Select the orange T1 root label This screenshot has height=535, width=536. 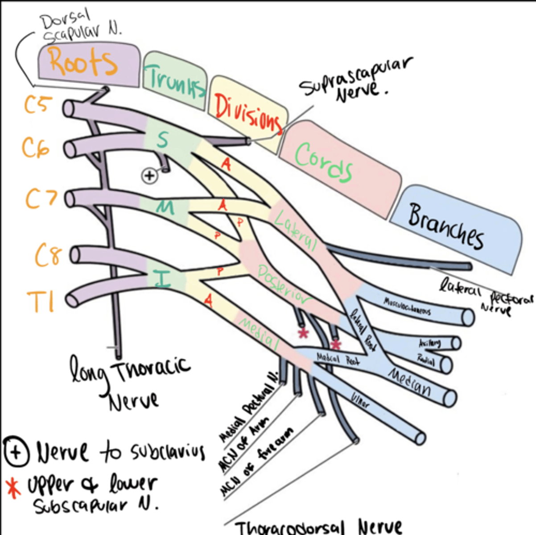pyautogui.click(x=41, y=302)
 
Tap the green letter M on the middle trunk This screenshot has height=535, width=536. pyautogui.click(x=165, y=207)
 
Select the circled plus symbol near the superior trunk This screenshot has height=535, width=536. pyautogui.click(x=149, y=175)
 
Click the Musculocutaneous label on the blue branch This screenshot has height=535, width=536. pyautogui.click(x=407, y=307)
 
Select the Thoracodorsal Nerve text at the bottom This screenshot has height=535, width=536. pyautogui.click(x=318, y=527)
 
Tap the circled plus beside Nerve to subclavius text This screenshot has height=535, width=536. pyautogui.click(x=16, y=452)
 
